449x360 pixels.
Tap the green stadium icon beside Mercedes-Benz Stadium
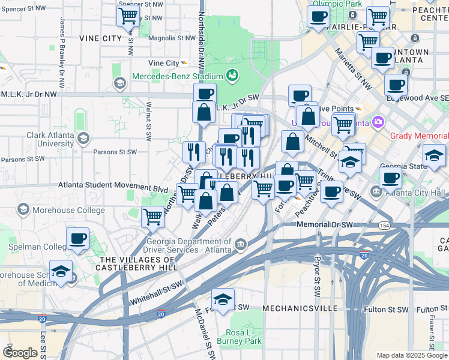point(232,76)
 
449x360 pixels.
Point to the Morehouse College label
point(64,209)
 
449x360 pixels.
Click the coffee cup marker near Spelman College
point(78,238)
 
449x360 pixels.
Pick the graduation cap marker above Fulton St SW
point(223,299)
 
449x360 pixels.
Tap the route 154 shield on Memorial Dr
point(384,224)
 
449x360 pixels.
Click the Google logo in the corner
point(20,352)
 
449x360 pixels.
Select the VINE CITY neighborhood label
point(100,38)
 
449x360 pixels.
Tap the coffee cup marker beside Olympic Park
point(318,16)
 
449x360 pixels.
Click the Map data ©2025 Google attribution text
point(411,355)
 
